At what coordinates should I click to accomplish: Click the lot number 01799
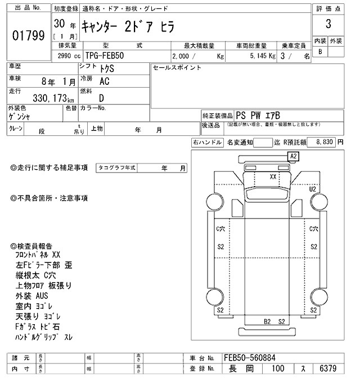28,36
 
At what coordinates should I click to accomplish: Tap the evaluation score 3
327,25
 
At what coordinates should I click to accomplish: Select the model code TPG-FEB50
106,56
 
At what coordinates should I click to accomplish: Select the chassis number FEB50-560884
249,357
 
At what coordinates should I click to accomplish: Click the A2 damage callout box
294,156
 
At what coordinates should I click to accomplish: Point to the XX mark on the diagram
273,176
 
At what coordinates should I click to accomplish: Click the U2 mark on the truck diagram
312,189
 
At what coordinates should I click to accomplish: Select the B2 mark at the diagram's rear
268,321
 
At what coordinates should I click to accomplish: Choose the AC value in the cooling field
104,81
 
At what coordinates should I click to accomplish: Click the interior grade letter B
320,52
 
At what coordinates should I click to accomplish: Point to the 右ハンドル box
207,143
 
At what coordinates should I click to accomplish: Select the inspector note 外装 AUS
33,295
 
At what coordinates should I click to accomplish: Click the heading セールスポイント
177,68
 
